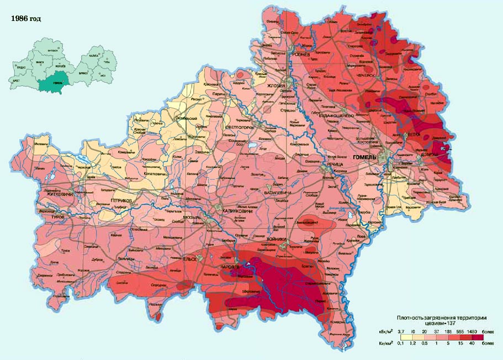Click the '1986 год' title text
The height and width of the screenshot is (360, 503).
(x=26, y=18)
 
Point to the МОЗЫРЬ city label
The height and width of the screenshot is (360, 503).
(x=192, y=218)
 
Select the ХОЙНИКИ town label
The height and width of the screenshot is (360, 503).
(x=278, y=239)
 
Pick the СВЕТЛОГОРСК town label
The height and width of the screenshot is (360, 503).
(x=240, y=128)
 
